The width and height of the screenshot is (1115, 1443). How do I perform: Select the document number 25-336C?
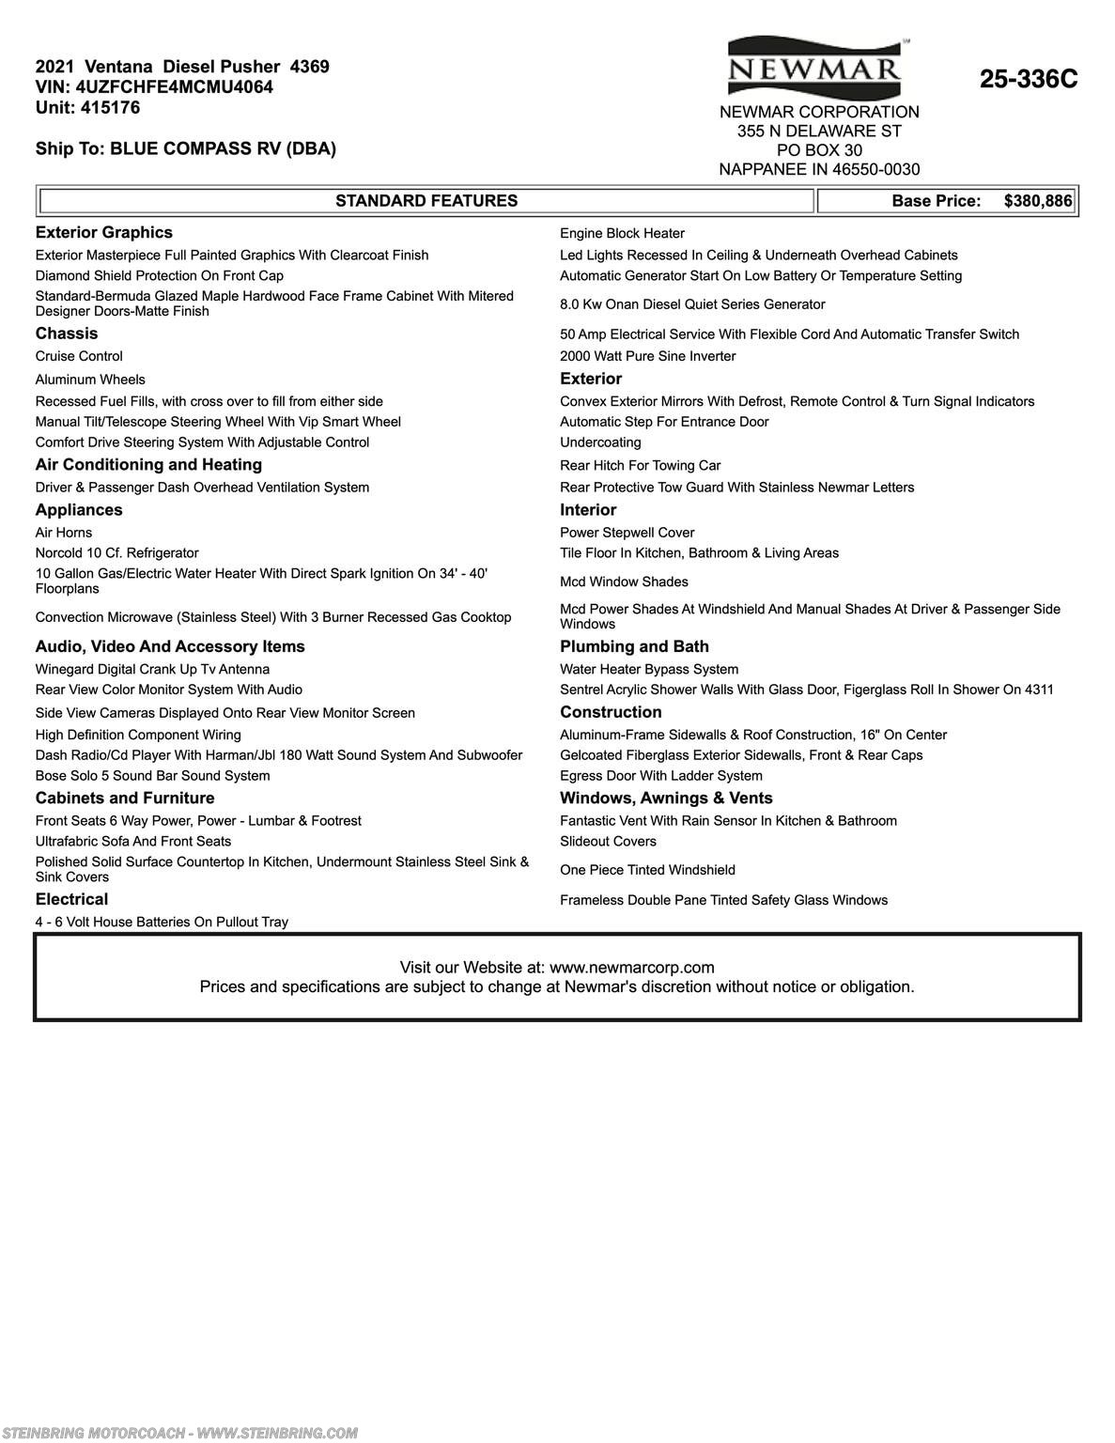click(x=1029, y=80)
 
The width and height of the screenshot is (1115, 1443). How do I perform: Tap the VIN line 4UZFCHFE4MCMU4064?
click(x=154, y=87)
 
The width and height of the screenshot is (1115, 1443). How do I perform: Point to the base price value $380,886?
click(x=1037, y=201)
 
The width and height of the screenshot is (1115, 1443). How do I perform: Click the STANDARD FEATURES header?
click(x=426, y=201)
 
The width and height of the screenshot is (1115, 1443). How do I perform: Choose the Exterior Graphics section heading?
click(x=104, y=233)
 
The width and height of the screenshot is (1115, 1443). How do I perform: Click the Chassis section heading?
click(x=67, y=334)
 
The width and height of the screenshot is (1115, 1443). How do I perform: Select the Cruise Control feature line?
click(x=79, y=356)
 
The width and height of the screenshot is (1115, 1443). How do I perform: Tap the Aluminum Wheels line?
click(x=90, y=380)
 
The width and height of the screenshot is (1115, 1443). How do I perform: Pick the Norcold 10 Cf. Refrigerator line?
click(x=116, y=553)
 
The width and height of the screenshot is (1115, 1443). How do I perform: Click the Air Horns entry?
click(x=64, y=533)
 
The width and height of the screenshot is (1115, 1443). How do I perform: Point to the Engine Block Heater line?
click(x=622, y=234)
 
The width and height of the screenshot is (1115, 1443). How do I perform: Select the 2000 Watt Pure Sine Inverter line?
click(x=647, y=356)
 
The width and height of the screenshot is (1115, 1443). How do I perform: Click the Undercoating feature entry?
click(x=600, y=442)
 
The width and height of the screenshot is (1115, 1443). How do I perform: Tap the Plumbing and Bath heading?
click(x=634, y=646)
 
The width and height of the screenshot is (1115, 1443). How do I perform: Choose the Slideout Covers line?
click(x=608, y=842)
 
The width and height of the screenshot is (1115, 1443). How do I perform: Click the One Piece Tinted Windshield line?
click(x=647, y=870)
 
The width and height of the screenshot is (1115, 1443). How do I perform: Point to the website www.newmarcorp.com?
click(x=631, y=968)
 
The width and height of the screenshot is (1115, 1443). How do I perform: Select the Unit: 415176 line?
click(x=87, y=108)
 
